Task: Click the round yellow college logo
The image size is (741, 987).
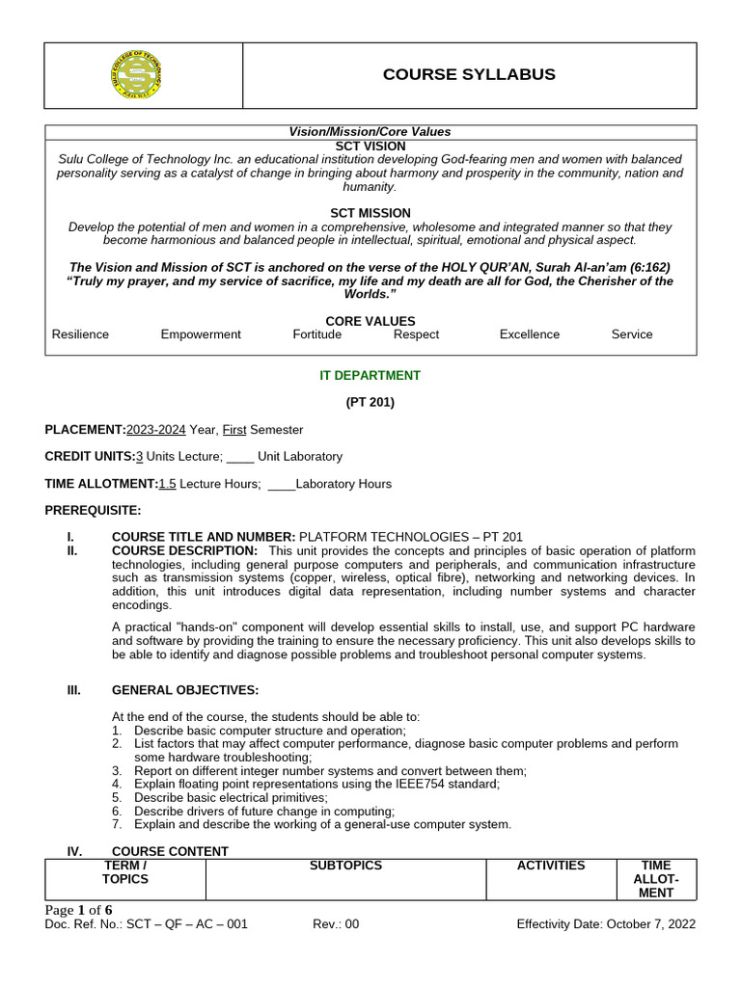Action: (136, 75)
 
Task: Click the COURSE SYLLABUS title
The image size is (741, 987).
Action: (469, 75)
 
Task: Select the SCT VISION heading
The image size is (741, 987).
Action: (370, 146)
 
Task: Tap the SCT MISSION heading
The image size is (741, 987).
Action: (370, 213)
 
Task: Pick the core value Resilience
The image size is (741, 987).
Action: (80, 334)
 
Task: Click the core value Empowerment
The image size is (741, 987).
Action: (201, 334)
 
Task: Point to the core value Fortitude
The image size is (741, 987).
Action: (317, 334)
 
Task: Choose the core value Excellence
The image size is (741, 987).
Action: (529, 334)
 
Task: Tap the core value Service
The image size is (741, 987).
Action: (632, 334)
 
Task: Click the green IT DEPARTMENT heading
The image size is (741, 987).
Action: (370, 376)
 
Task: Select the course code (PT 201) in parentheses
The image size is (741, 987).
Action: (370, 403)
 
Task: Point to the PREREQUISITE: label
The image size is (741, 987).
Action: (93, 510)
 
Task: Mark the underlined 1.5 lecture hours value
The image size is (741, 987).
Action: (167, 484)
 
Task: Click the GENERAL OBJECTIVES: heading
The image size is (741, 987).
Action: (185, 690)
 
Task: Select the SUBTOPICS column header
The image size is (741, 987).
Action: (345, 866)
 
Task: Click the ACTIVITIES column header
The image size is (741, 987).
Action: (551, 866)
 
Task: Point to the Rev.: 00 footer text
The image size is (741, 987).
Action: (336, 924)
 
